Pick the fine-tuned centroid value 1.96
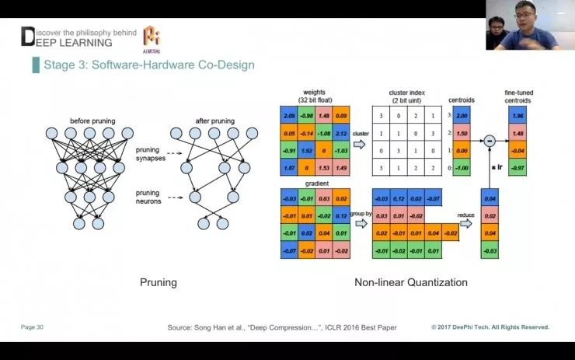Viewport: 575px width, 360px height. (517, 116)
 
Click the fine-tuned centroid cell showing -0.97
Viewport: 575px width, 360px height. (517, 168)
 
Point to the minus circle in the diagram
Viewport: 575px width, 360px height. (490, 141)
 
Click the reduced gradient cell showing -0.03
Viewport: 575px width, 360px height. (490, 250)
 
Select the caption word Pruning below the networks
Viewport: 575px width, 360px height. (158, 282)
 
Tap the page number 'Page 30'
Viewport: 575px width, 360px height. (32, 327)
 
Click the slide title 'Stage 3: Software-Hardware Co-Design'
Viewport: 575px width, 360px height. (149, 65)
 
